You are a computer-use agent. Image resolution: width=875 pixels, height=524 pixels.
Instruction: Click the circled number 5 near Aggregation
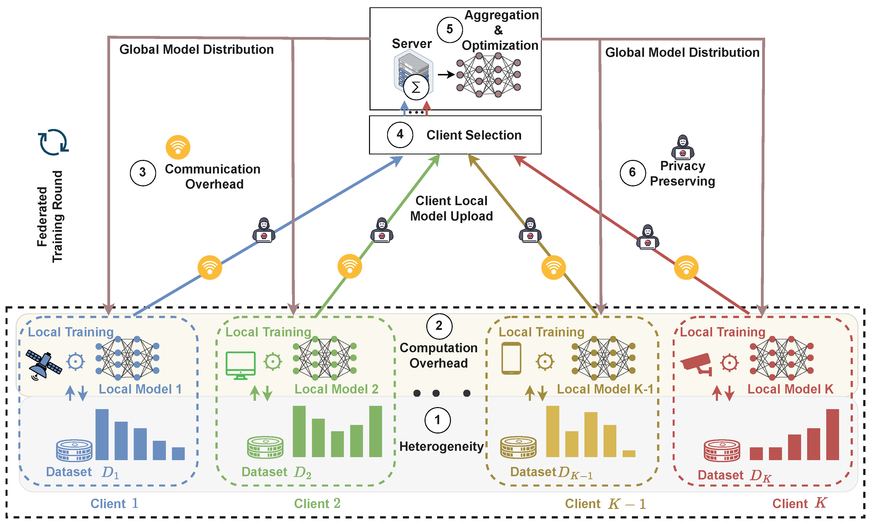point(449,30)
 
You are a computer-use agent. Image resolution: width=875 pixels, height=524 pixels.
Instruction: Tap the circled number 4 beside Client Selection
point(400,135)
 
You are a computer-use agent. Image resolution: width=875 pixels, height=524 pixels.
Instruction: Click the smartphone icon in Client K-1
point(511,358)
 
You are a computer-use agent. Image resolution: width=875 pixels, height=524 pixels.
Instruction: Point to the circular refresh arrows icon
point(53,142)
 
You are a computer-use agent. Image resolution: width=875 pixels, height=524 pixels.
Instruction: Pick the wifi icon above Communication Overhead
point(178,147)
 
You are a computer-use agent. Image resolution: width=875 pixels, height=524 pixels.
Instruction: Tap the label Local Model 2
point(336,389)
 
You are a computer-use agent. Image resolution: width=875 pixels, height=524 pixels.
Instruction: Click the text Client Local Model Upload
point(451,208)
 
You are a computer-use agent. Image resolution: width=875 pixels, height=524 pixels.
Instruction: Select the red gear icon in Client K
point(729,362)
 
